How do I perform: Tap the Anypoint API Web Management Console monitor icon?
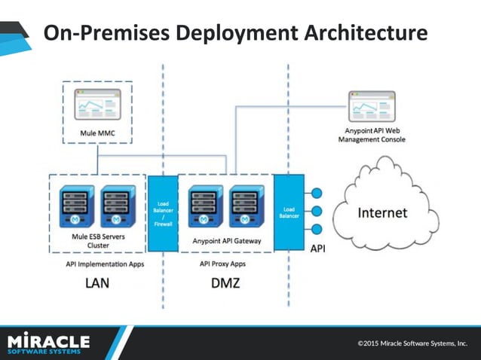pyautogui.click(x=371, y=108)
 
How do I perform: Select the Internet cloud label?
pyautogui.click(x=381, y=212)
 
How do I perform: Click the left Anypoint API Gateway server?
pyautogui.click(x=205, y=206)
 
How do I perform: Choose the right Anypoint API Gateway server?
pyautogui.click(x=246, y=206)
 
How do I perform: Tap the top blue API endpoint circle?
pyautogui.click(x=317, y=192)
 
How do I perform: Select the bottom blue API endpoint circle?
pyautogui.click(x=317, y=229)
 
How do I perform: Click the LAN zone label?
pyautogui.click(x=97, y=284)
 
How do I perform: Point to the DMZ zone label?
pyautogui.click(x=225, y=284)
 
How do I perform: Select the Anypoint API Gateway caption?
pyautogui.click(x=226, y=241)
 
